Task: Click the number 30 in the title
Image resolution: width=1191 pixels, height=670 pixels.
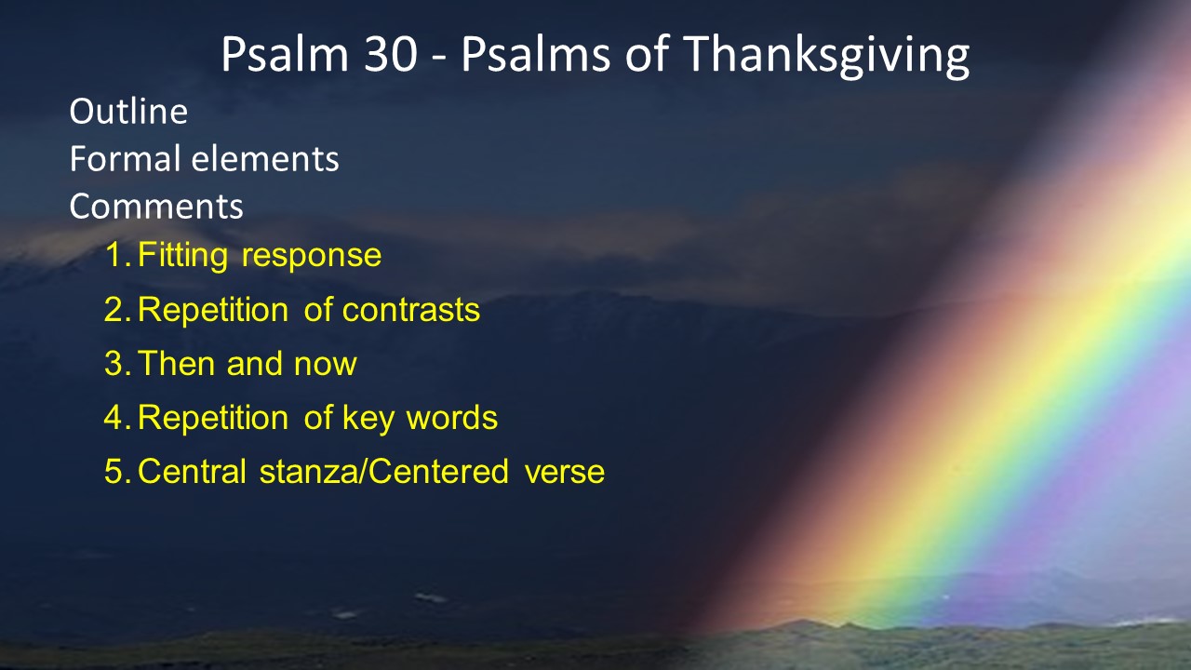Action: tap(390, 54)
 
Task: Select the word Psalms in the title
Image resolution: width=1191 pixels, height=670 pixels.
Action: tap(535, 54)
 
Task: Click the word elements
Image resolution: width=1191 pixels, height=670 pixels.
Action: tap(265, 158)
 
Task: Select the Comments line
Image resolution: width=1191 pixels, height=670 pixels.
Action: tap(156, 206)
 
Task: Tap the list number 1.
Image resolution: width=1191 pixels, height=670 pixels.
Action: tap(118, 255)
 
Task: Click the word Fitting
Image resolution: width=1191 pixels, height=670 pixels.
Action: tap(183, 256)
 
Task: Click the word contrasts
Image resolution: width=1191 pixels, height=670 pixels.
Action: tap(411, 310)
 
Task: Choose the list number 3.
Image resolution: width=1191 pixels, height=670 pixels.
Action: tap(118, 363)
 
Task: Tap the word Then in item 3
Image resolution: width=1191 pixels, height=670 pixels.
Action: tap(176, 363)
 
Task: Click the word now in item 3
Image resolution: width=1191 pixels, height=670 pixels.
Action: tap(326, 367)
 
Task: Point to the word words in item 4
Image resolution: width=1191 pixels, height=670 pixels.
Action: tap(452, 418)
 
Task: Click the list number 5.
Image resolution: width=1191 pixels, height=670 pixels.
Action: tap(118, 472)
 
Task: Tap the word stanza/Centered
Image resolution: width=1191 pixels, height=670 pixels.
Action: tap(384, 472)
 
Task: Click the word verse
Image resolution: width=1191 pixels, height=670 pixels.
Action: tap(565, 474)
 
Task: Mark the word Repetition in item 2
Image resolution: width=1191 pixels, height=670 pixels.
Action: tap(213, 311)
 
